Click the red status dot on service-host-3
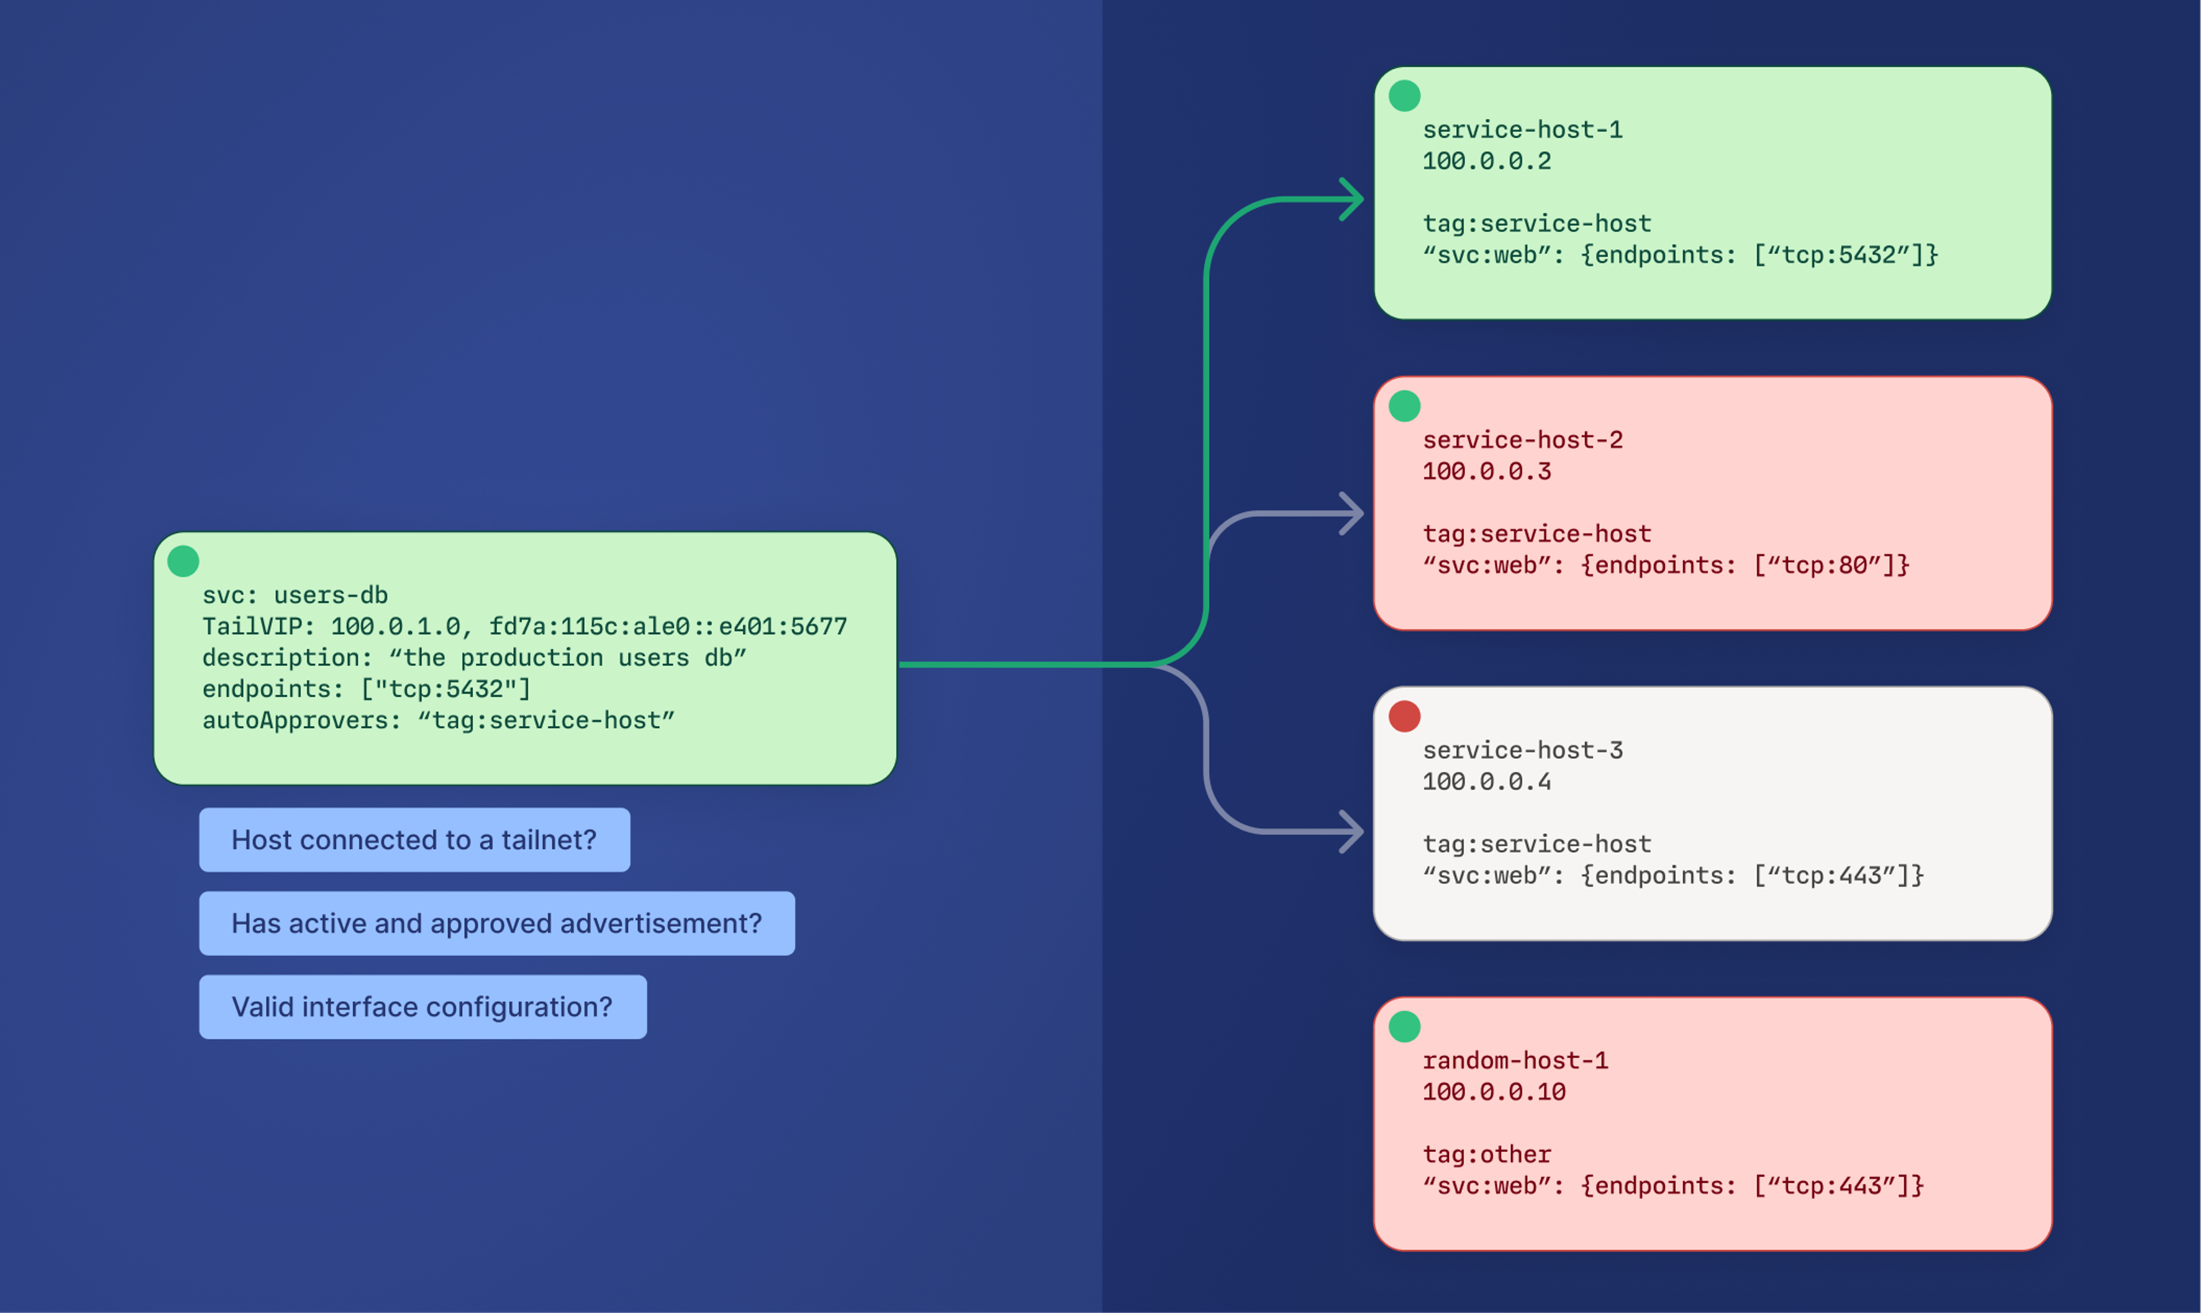click(1404, 716)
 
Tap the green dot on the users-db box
click(183, 561)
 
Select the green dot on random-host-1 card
click(1404, 1026)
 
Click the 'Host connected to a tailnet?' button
click(414, 840)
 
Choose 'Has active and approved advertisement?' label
click(496, 923)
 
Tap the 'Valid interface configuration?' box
click(422, 1007)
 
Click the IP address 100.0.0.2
click(1486, 161)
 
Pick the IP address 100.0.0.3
click(1486, 472)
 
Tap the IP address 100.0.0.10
click(1493, 1092)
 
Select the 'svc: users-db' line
click(295, 594)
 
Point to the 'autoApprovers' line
click(438, 720)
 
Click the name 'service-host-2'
click(1522, 440)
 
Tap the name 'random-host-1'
click(1514, 1060)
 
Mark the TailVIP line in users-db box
click(524, 626)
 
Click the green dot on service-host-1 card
click(1404, 96)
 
